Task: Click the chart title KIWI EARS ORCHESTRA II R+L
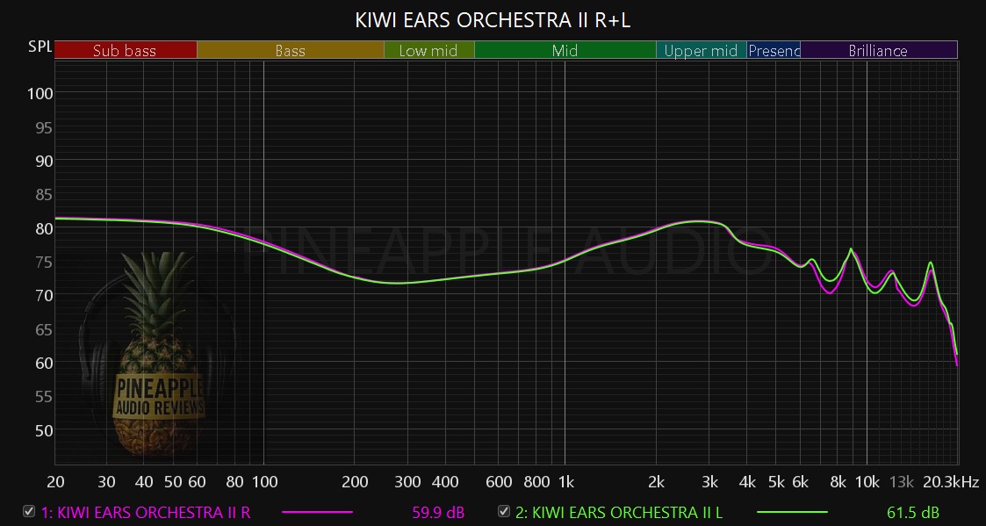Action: pos(493,19)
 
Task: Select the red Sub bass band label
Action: pos(125,51)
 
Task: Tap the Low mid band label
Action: pos(428,51)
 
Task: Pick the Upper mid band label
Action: pos(701,51)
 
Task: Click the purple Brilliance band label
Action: pos(878,51)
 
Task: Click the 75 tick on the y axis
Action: pos(40,262)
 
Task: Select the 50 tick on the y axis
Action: pos(40,430)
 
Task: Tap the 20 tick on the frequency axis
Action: pos(55,482)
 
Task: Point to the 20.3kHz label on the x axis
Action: pos(950,482)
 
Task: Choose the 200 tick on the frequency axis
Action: pos(355,482)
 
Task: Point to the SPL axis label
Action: pos(40,45)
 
